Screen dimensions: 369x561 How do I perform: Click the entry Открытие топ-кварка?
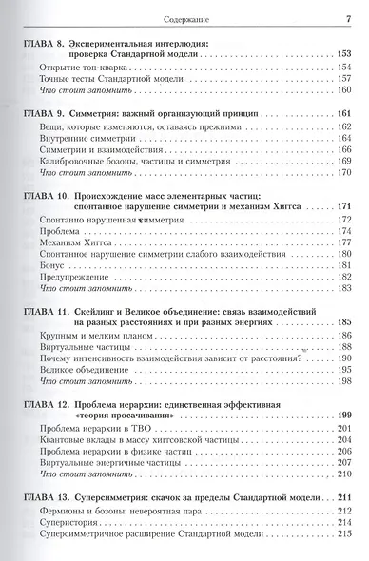point(86,68)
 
